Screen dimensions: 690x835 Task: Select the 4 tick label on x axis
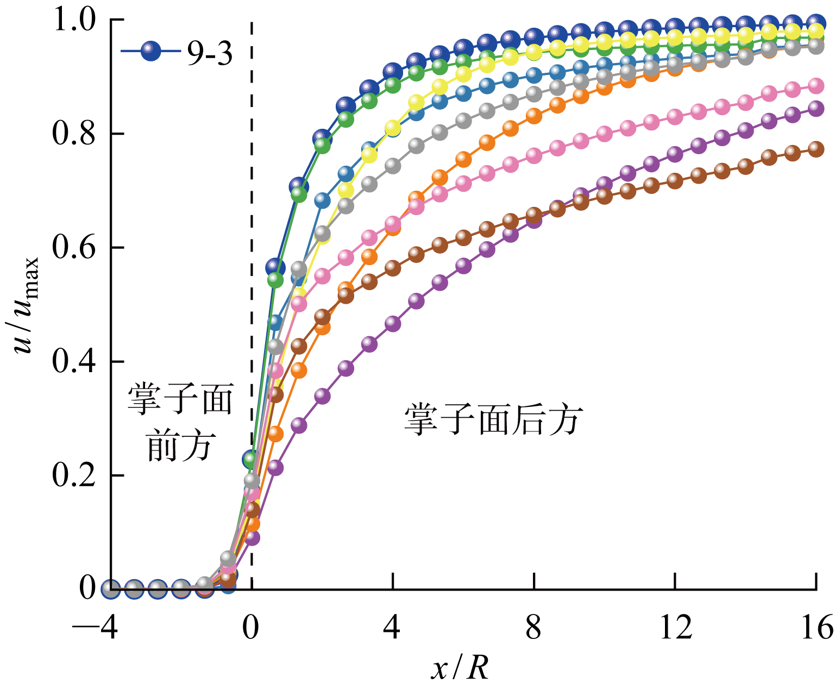[392, 627]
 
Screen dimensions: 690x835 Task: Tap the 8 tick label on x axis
[533, 627]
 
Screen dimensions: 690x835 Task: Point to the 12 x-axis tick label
[675, 627]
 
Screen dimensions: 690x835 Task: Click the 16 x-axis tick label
[816, 627]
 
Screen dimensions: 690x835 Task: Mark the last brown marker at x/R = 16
[816, 149]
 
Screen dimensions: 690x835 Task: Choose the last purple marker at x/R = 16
[816, 108]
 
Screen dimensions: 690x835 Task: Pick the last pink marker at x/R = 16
[816, 85]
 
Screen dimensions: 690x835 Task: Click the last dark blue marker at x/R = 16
[816, 22]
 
